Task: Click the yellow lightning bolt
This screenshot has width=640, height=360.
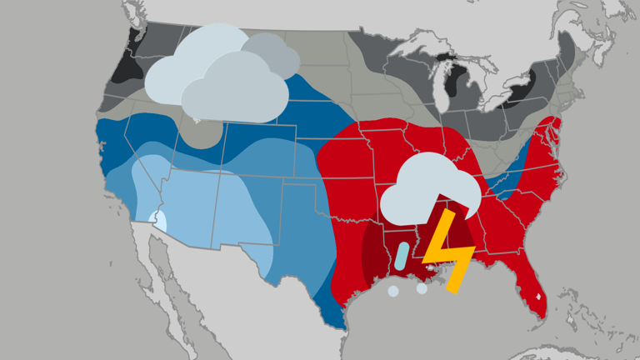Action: click(448, 249)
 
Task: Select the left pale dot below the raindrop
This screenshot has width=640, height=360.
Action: click(392, 291)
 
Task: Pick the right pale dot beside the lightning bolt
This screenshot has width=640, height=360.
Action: click(422, 289)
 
